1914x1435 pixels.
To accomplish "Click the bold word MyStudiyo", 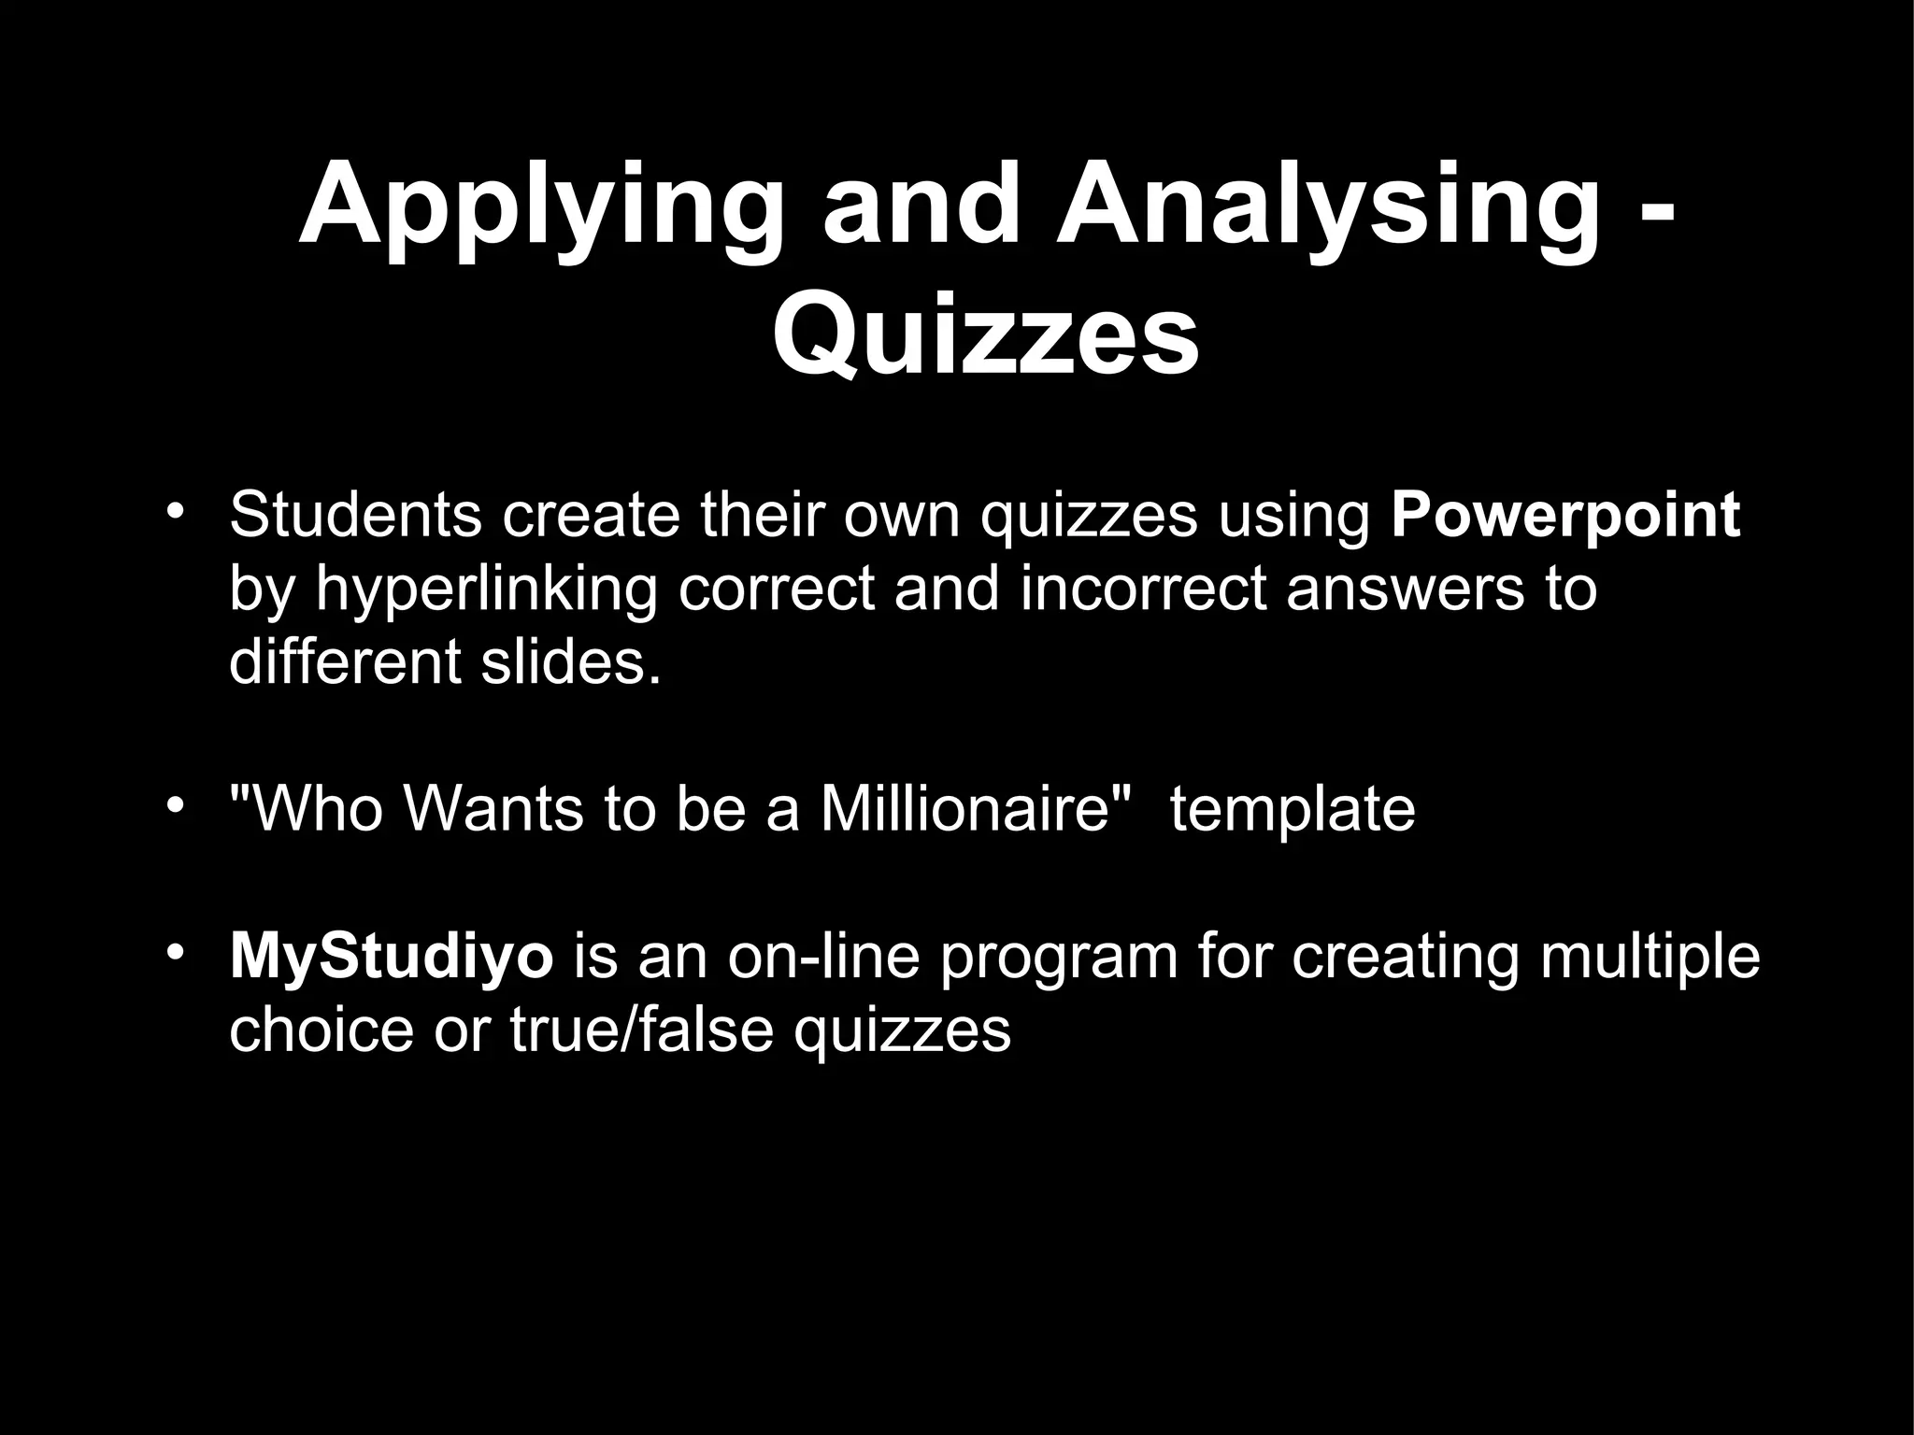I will [392, 957].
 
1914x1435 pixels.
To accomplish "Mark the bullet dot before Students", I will [172, 511].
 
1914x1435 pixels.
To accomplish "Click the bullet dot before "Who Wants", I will [172, 804].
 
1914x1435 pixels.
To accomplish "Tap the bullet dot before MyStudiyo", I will [172, 953].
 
